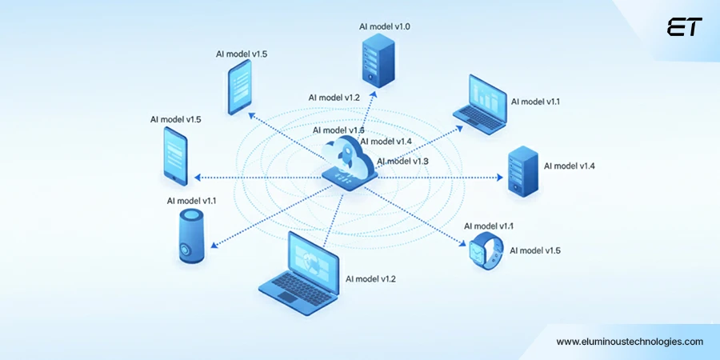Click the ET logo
tap(685, 27)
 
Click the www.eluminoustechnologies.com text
tap(630, 342)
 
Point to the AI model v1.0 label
tap(385, 26)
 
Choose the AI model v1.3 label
tap(402, 161)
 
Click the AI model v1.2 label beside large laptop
tap(370, 279)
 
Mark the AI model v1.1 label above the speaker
tap(192, 201)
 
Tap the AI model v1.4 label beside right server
tap(569, 166)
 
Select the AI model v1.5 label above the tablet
tap(242, 54)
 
